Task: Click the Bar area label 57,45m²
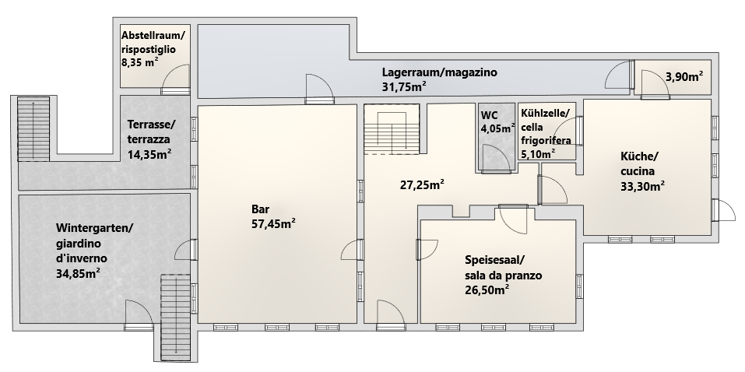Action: (x=273, y=223)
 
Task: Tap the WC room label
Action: (x=489, y=115)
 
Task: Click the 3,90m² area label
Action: (x=684, y=76)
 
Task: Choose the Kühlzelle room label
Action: (x=543, y=114)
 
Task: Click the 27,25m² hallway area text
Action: (x=422, y=184)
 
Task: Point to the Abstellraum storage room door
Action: (x=176, y=79)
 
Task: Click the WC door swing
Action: (x=497, y=158)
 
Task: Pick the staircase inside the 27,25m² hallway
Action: (x=392, y=130)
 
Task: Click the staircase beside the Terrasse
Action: (x=33, y=129)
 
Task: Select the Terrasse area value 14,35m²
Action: (x=149, y=154)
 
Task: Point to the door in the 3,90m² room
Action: (x=655, y=84)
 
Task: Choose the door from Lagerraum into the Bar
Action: (x=319, y=89)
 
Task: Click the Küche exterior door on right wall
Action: (x=723, y=210)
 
